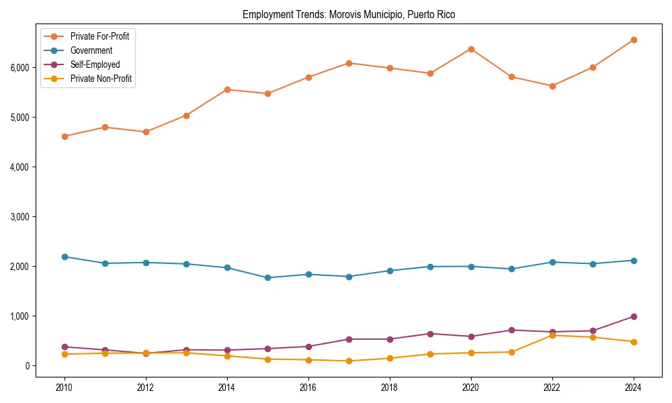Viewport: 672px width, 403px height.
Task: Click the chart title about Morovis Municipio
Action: tap(349, 15)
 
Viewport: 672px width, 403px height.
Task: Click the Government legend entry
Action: tap(91, 50)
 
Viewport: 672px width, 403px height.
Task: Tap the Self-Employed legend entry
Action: tap(95, 64)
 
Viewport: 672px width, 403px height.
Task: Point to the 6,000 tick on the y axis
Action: tap(19, 68)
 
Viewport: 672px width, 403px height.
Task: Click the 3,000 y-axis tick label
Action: tap(19, 217)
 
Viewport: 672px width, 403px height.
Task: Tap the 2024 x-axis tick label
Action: tap(634, 388)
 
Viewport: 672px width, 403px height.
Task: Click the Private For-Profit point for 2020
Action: tap(471, 49)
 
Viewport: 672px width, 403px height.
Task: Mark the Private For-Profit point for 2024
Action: tap(634, 40)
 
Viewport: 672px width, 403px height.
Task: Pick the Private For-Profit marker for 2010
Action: tap(65, 136)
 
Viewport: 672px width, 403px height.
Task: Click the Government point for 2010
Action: tap(65, 257)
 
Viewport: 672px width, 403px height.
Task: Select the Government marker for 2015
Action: tap(267, 277)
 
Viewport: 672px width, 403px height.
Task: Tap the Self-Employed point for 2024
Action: tap(634, 316)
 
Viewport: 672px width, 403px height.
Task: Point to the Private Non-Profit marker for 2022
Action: tap(552, 335)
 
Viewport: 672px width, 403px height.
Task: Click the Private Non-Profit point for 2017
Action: tap(349, 361)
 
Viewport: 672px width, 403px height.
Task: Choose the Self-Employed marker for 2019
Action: tap(430, 334)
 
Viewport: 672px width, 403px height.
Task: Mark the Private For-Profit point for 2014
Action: tap(227, 89)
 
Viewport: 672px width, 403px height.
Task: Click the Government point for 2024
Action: tap(634, 261)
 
